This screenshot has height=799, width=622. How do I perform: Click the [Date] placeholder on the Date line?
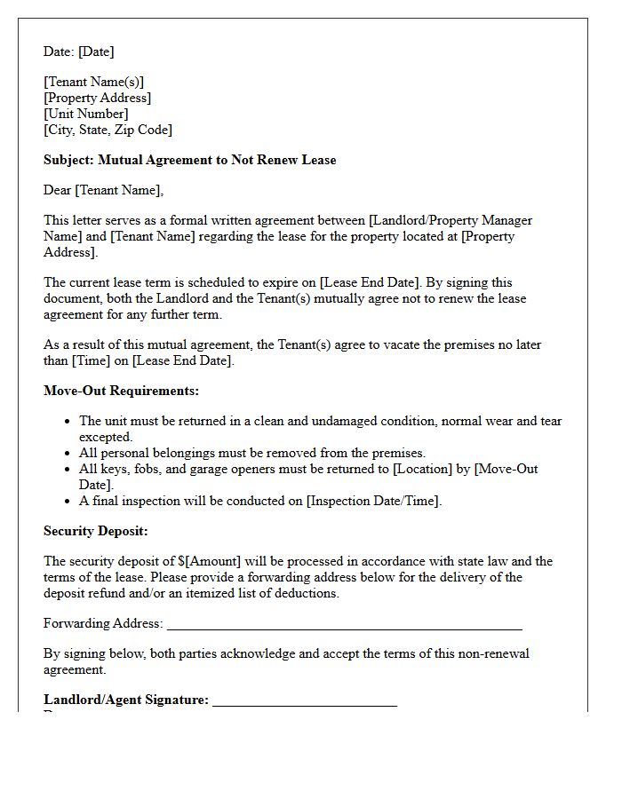coord(96,51)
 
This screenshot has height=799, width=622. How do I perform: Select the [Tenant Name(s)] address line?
coord(93,82)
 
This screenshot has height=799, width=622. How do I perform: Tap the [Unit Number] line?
coord(86,114)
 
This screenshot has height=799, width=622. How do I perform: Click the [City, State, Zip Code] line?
coord(108,130)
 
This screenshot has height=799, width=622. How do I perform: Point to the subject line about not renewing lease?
coord(189,160)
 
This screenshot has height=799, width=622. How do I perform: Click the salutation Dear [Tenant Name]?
coord(104,190)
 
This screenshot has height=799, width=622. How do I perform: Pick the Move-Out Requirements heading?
coord(121,391)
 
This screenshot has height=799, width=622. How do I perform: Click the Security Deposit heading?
coord(96,531)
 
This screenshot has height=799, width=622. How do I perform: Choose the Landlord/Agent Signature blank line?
coord(305,701)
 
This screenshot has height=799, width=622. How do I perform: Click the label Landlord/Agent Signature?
coord(126,700)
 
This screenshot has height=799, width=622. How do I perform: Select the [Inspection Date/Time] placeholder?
coord(373,501)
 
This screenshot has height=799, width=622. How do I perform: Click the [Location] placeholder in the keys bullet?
coord(423,469)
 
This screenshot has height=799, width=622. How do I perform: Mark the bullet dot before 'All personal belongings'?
coord(68,453)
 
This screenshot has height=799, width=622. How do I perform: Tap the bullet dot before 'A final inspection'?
coord(68,501)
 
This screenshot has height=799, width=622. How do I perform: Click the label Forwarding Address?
coord(103,623)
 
